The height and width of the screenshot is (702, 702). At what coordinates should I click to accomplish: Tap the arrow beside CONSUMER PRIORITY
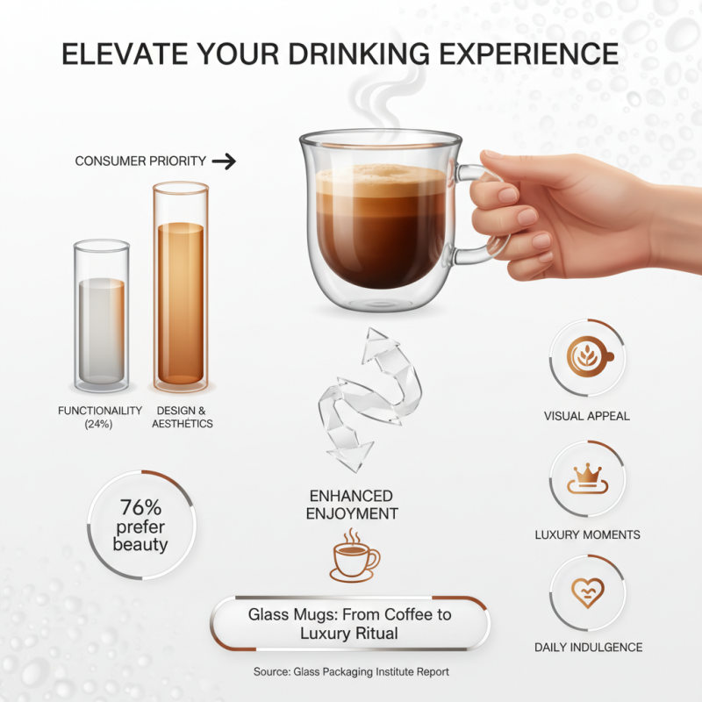point(225,161)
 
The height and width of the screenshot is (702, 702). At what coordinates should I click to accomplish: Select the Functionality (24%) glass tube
point(102,316)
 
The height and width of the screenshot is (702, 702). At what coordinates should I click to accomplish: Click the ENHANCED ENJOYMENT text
point(352,505)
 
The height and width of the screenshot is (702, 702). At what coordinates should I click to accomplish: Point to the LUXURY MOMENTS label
point(587,534)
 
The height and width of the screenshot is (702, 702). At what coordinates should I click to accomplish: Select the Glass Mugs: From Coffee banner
point(349,624)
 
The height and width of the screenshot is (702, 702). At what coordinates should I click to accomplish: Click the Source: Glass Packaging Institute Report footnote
point(350,671)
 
